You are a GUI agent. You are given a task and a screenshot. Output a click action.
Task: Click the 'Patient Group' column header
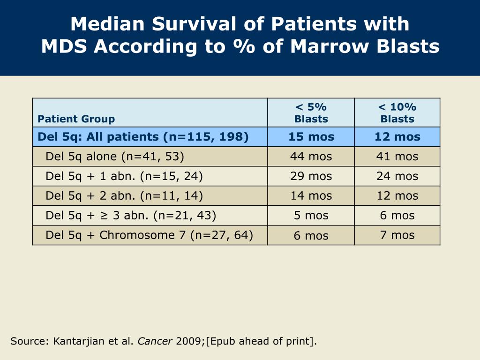(76, 119)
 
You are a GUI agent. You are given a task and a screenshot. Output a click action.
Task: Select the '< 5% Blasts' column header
(311, 113)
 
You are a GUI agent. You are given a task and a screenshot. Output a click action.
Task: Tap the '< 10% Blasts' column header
(397, 113)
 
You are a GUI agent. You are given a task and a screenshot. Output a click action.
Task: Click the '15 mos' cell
(311, 137)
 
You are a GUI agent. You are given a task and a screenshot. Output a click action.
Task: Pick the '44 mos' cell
(311, 157)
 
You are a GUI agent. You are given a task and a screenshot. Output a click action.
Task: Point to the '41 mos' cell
(397, 157)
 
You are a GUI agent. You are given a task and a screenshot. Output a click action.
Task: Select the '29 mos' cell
(311, 176)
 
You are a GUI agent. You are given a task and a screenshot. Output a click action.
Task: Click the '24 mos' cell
(397, 176)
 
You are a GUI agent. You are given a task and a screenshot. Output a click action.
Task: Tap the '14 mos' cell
(311, 196)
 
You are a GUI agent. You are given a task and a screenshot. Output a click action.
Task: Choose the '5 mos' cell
(311, 216)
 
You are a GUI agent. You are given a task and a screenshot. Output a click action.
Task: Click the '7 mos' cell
(397, 235)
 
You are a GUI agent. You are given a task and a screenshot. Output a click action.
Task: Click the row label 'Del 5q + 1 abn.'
(124, 176)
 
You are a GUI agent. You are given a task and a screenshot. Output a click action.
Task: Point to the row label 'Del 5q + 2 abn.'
(124, 196)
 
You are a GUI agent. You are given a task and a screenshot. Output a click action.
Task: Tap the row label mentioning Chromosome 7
(149, 235)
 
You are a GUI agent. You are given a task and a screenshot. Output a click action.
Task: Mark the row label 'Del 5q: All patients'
(143, 137)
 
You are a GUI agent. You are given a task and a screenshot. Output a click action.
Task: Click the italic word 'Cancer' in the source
(155, 341)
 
